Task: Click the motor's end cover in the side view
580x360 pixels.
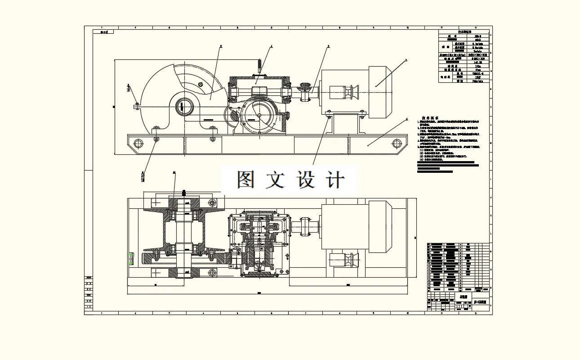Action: [380, 92]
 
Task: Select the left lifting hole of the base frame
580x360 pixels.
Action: [138, 144]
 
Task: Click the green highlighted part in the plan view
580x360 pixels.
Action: [131, 258]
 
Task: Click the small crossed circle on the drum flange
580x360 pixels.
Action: [200, 84]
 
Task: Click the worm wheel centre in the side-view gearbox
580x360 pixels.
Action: [259, 115]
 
